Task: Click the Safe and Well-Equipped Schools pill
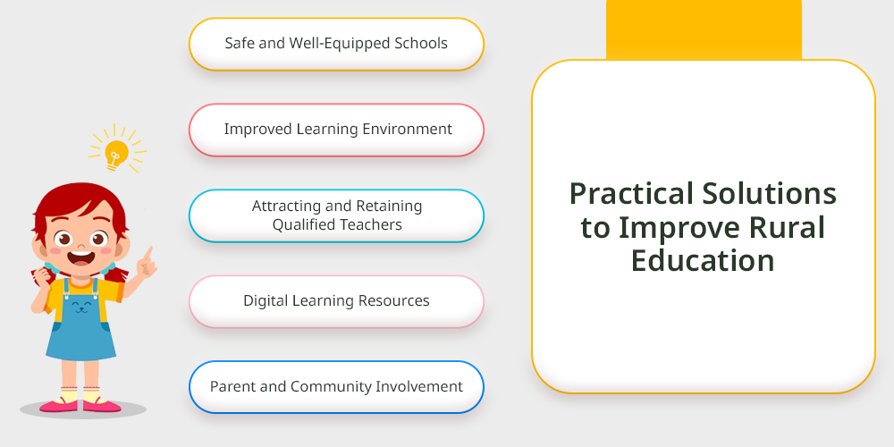pyautogui.click(x=336, y=44)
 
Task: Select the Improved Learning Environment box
pyautogui.click(x=336, y=130)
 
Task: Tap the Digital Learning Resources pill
pyautogui.click(x=336, y=301)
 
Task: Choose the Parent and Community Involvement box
pyautogui.click(x=336, y=387)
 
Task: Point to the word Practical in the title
pyautogui.click(x=629, y=193)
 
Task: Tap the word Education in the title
pyautogui.click(x=703, y=260)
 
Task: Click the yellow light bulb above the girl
pyautogui.click(x=115, y=154)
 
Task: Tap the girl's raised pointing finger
pyautogui.click(x=150, y=253)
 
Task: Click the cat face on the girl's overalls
pyautogui.click(x=82, y=305)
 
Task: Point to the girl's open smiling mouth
pyautogui.click(x=80, y=257)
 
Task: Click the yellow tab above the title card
pyautogui.click(x=704, y=30)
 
